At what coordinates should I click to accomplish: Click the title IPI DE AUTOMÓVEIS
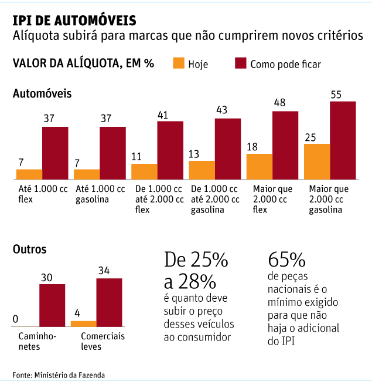pyautogui.click(x=74, y=20)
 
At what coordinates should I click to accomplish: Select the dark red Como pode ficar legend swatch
pyautogui.click(x=239, y=63)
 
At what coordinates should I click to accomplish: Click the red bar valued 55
pyautogui.click(x=343, y=140)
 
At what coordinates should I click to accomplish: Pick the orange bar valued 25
pyautogui.click(x=317, y=161)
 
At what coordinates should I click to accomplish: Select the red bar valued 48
pyautogui.click(x=285, y=145)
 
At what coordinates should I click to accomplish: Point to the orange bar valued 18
pyautogui.click(x=260, y=166)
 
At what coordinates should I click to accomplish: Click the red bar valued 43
pyautogui.click(x=228, y=149)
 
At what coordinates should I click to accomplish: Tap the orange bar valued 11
pyautogui.click(x=144, y=171)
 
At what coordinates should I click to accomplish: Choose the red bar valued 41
pyautogui.click(x=170, y=150)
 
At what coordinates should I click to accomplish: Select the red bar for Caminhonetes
pyautogui.click(x=52, y=305)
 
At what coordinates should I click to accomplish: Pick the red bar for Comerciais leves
pyautogui.click(x=109, y=302)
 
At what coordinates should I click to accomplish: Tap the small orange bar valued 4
pyautogui.click(x=83, y=323)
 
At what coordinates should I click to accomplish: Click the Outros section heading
pyautogui.click(x=30, y=249)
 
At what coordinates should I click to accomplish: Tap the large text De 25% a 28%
pyautogui.click(x=196, y=270)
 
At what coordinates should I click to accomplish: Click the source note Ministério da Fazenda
pyautogui.click(x=59, y=374)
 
